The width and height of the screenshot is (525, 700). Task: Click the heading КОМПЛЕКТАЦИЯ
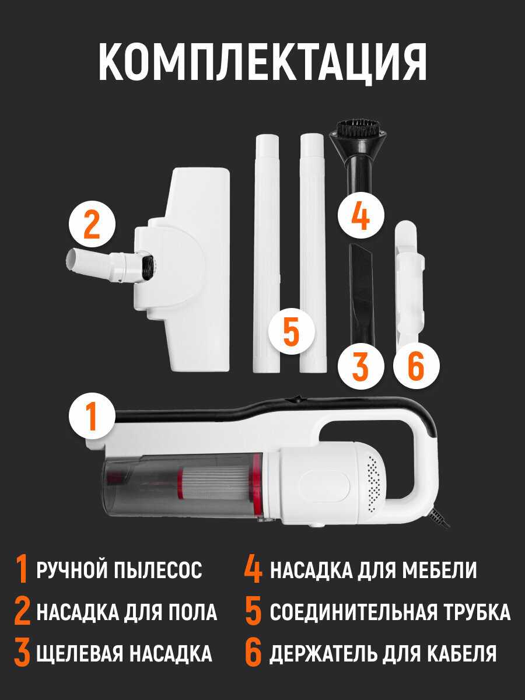[x=262, y=62]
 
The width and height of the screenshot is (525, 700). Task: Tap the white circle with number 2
[x=92, y=223]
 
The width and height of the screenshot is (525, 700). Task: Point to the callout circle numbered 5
[x=291, y=331]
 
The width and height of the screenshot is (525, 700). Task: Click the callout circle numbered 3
[x=361, y=366]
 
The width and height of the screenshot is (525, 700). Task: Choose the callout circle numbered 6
[x=416, y=366]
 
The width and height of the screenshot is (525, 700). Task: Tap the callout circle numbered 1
[x=92, y=416]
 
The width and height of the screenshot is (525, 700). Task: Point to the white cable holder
[x=409, y=281]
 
